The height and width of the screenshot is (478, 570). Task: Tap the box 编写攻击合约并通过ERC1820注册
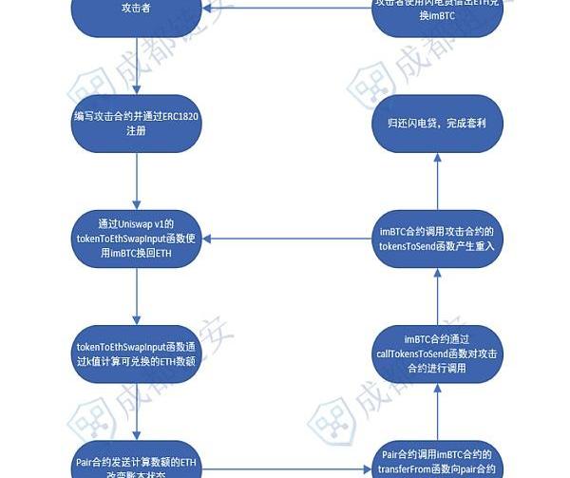[x=138, y=124]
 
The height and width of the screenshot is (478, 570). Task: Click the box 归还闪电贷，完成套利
[x=436, y=124]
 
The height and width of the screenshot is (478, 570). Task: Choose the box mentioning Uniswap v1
[x=138, y=238]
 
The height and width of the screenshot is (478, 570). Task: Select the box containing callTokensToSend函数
[x=436, y=353]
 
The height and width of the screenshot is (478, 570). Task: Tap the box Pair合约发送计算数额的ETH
[x=138, y=463]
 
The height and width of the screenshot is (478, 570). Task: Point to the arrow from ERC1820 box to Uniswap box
[x=138, y=181]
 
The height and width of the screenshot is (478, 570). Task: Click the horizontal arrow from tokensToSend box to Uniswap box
[x=285, y=238]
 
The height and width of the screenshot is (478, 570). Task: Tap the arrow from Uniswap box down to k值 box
[x=138, y=295]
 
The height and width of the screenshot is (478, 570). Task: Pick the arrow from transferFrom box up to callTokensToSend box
[x=436, y=411]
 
